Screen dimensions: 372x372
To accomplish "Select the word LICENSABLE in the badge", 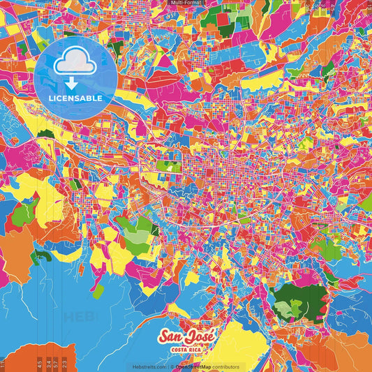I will click(75, 98).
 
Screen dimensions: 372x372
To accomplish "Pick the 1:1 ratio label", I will click(2, 364).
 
